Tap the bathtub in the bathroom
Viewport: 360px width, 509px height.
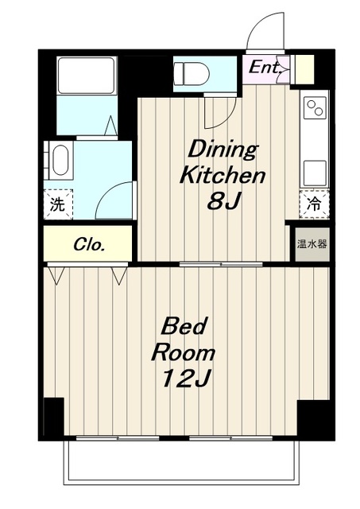[x=87, y=76]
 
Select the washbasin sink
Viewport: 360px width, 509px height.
[x=60, y=160]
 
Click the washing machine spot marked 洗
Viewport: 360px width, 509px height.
[x=58, y=204]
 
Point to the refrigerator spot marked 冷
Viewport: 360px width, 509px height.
[x=314, y=204]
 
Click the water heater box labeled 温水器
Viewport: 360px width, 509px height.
[x=312, y=244]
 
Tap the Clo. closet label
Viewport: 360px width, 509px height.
[x=89, y=245]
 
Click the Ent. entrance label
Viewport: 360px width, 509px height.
[x=265, y=68]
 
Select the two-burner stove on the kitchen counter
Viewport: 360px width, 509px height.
[x=315, y=108]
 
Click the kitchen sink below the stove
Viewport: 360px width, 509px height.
[x=315, y=173]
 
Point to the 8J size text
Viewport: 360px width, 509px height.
[x=224, y=201]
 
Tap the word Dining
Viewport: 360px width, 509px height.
[x=223, y=150]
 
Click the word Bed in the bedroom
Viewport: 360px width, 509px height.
[x=184, y=326]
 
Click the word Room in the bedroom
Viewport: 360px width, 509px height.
[x=184, y=352]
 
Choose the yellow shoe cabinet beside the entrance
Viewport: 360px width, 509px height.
[x=304, y=69]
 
